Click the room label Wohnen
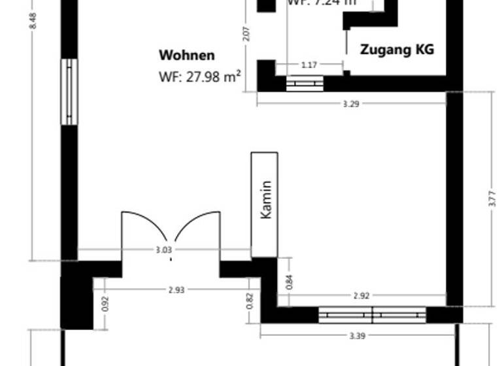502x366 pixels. (187, 56)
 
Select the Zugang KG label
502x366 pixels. (397, 50)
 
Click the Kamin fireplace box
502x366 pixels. (265, 205)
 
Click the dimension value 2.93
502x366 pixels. (176, 289)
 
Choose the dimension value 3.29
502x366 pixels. (352, 103)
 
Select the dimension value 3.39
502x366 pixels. (357, 336)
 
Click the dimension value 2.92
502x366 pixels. (361, 295)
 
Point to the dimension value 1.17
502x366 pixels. (309, 65)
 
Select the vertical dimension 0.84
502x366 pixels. (290, 282)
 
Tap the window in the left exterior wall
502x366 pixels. (69, 91)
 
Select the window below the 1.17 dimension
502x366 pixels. (305, 84)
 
